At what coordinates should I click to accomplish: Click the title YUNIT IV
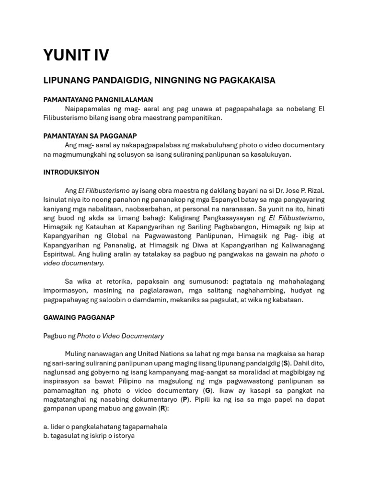[76, 55]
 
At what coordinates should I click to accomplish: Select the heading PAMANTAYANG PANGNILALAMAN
[98, 100]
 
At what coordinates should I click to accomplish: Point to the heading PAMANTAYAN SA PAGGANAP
[90, 136]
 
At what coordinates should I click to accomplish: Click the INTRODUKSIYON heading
[71, 172]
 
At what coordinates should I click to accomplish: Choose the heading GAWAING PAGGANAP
[79, 317]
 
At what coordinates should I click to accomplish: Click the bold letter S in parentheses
[286, 363]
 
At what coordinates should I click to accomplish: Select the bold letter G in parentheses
[207, 390]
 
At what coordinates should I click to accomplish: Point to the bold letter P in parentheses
[184, 399]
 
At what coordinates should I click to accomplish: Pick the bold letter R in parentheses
[162, 409]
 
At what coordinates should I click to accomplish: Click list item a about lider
[105, 427]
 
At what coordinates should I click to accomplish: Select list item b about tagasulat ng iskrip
[89, 436]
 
